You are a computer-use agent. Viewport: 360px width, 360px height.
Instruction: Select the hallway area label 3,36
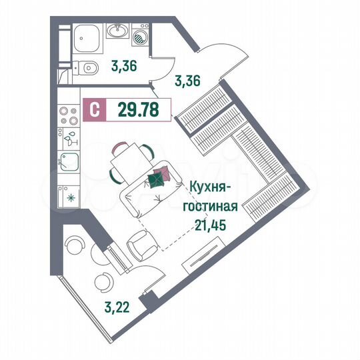(x=188, y=81)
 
